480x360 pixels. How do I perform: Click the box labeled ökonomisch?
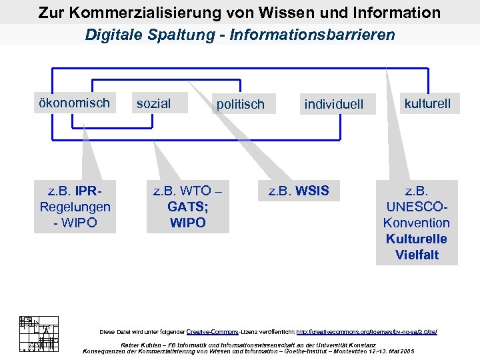click(74, 103)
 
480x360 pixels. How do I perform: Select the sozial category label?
click(153, 103)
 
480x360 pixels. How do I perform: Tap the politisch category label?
click(240, 104)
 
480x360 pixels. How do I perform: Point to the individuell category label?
click(333, 104)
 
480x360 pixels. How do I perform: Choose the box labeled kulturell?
click(427, 103)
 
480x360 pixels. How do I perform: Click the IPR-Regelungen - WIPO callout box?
click(75, 207)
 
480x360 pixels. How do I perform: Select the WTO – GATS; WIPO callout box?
click(187, 207)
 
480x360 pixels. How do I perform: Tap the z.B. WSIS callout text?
click(299, 191)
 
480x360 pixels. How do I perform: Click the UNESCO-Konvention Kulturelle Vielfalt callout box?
click(417, 223)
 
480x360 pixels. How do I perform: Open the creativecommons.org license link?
click(366, 331)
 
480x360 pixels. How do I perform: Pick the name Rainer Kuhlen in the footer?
click(139, 345)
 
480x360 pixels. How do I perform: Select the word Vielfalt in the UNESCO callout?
click(417, 255)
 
